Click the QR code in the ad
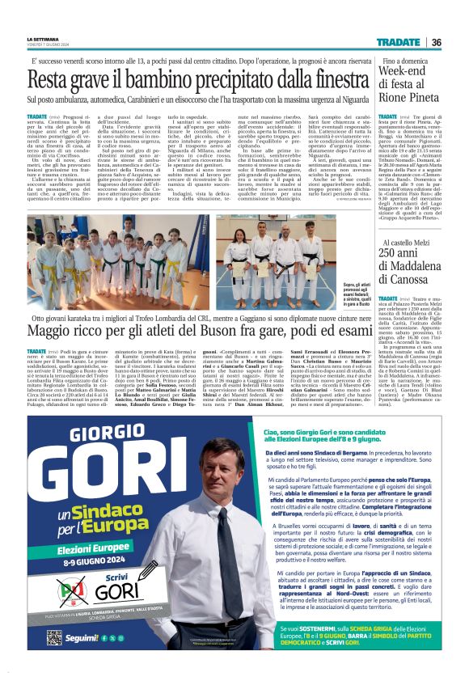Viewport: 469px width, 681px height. [54, 638]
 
